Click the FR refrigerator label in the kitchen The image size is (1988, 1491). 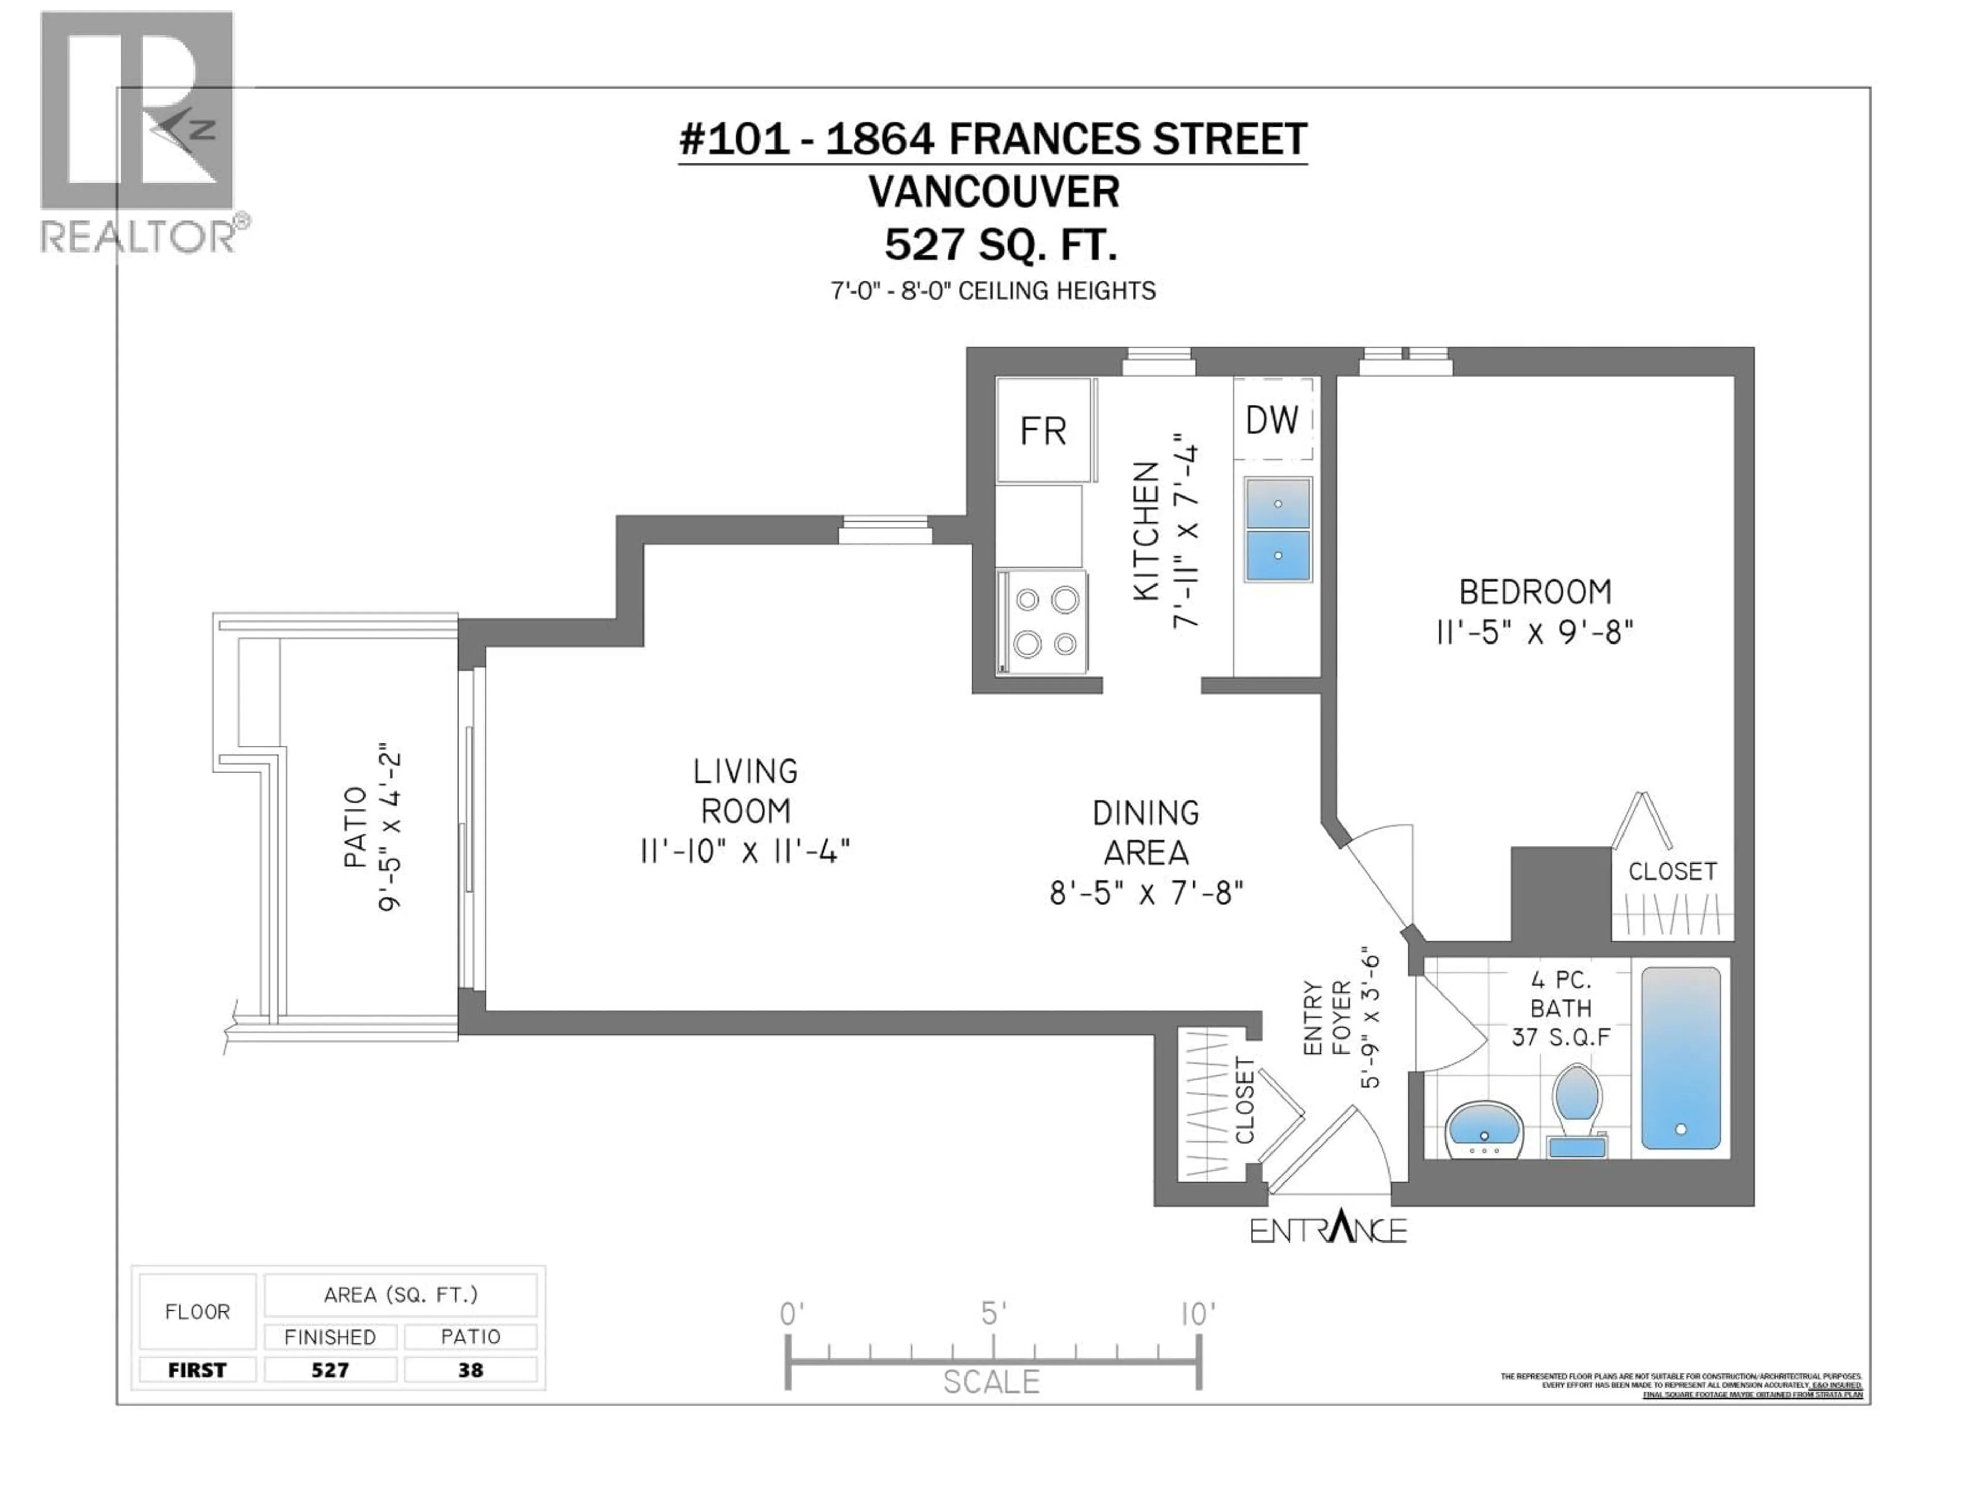tap(1043, 431)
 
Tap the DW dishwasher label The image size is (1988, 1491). tap(1271, 420)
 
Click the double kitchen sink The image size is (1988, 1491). tap(1277, 530)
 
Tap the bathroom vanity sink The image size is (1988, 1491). tap(1484, 1131)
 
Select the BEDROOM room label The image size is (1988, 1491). tap(1535, 592)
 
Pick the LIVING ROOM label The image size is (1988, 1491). tap(746, 791)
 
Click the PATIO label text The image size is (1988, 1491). tap(356, 827)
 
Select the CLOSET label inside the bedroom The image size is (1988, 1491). tap(1673, 871)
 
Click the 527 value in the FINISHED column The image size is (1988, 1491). tap(330, 1370)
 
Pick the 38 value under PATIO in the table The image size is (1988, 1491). tap(470, 1370)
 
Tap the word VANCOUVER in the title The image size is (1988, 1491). tap(993, 192)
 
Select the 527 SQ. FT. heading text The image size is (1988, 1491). tap(1000, 244)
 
